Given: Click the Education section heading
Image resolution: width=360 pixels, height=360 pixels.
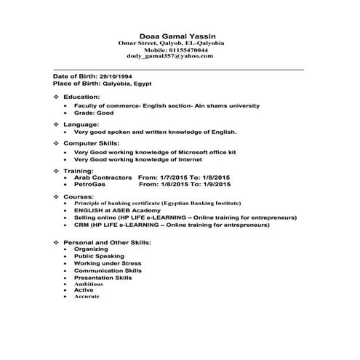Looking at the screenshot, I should [81, 96].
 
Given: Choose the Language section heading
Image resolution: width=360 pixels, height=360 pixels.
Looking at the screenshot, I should [81, 124].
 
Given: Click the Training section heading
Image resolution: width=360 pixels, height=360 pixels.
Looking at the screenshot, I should [79, 170].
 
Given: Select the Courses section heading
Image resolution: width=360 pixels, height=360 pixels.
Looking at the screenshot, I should [79, 196].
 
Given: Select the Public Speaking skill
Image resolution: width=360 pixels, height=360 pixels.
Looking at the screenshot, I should [100, 257].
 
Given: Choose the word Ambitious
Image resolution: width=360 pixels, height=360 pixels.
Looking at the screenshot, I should [88, 284].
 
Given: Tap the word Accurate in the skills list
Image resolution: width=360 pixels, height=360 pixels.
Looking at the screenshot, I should [87, 297].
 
